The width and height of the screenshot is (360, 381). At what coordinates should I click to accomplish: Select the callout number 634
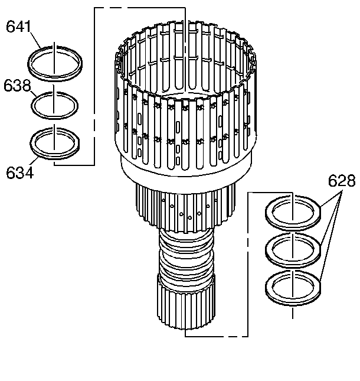tap(19, 172)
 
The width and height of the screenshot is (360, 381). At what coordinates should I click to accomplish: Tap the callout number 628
tap(342, 181)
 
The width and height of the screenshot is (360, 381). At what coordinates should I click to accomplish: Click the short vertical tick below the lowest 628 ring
tap(293, 312)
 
